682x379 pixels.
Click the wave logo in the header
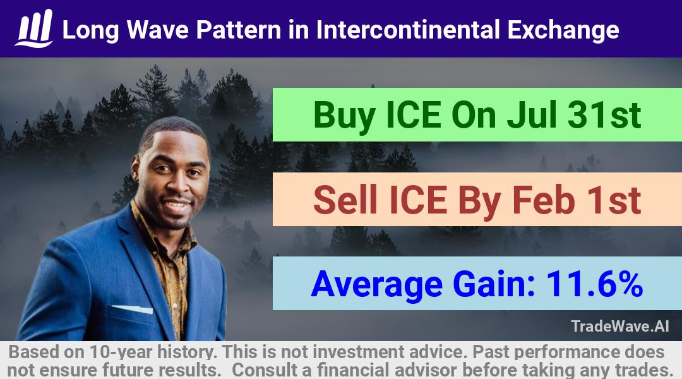coord(34,28)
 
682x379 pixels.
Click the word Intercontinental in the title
coord(408,30)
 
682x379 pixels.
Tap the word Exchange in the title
coord(563,30)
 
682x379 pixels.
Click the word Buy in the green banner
coord(344,116)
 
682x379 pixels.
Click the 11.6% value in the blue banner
coord(594,284)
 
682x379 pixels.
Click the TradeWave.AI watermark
coord(620,326)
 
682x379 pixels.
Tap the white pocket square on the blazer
coord(133,309)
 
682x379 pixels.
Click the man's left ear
coord(136,170)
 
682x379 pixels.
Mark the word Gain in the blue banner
coord(494,284)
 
